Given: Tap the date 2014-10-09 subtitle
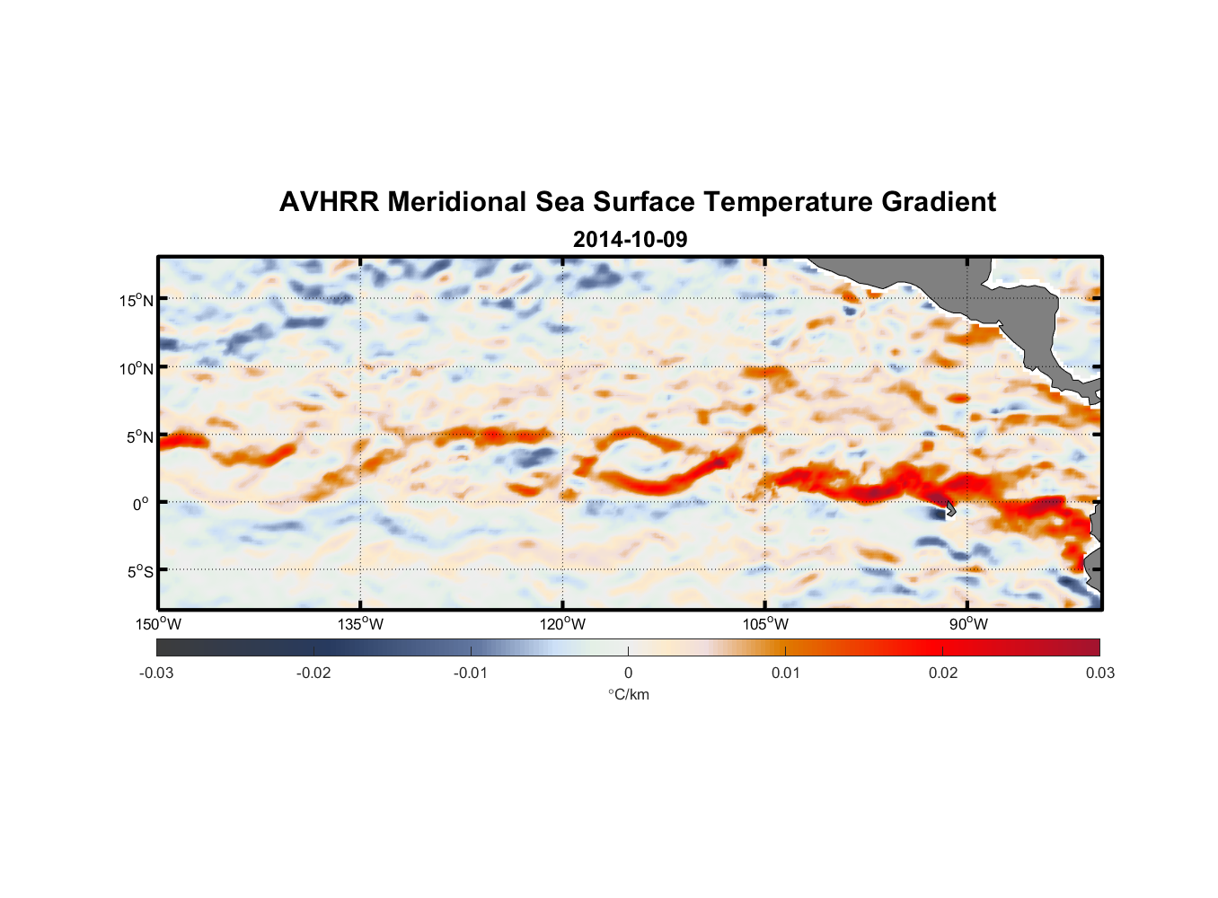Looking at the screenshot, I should (630, 240).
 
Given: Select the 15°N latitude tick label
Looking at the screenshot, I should (136, 300).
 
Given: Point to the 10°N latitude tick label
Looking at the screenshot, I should (136, 368).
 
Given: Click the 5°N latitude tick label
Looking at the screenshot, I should (139, 436).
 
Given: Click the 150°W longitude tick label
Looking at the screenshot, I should (158, 624).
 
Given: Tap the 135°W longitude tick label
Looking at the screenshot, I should (360, 624).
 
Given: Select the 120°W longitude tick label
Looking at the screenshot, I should (562, 624).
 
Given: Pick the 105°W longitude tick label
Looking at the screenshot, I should (765, 624).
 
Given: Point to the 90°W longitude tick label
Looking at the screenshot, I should (968, 624).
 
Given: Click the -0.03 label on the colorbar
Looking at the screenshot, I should (156, 673).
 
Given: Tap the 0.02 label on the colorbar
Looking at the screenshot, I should (942, 673).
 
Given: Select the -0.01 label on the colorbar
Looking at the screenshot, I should (471, 673).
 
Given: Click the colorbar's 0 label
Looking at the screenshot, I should (628, 673).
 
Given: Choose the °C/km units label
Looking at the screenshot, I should (628, 694).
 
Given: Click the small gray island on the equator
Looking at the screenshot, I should (949, 509).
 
